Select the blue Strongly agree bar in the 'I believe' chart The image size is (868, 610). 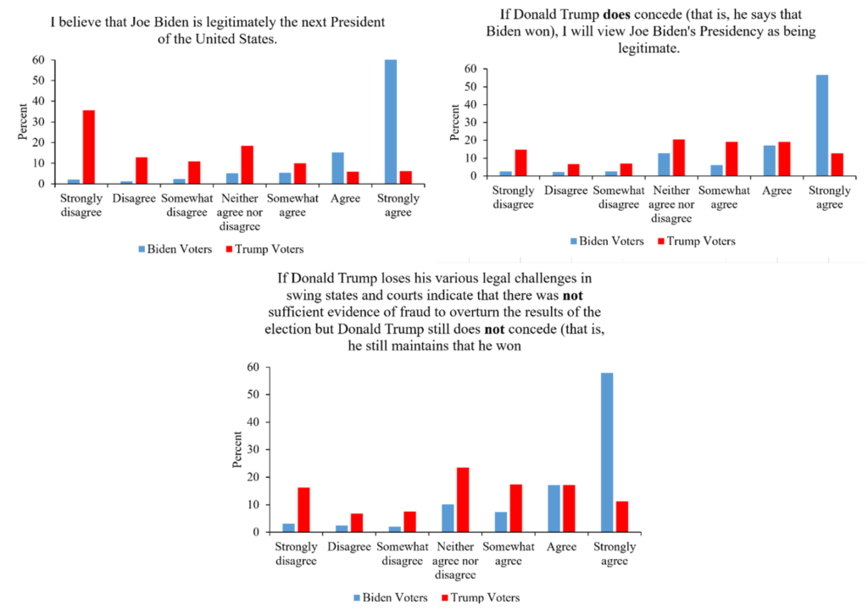click(390, 121)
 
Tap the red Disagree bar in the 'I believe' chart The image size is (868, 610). click(142, 169)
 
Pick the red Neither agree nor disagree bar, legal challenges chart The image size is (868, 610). click(462, 500)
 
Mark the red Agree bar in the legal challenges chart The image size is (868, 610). click(569, 508)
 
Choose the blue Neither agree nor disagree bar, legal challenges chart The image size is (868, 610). click(448, 518)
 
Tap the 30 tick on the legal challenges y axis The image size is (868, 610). click(252, 450)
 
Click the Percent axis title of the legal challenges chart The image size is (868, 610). click(238, 450)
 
